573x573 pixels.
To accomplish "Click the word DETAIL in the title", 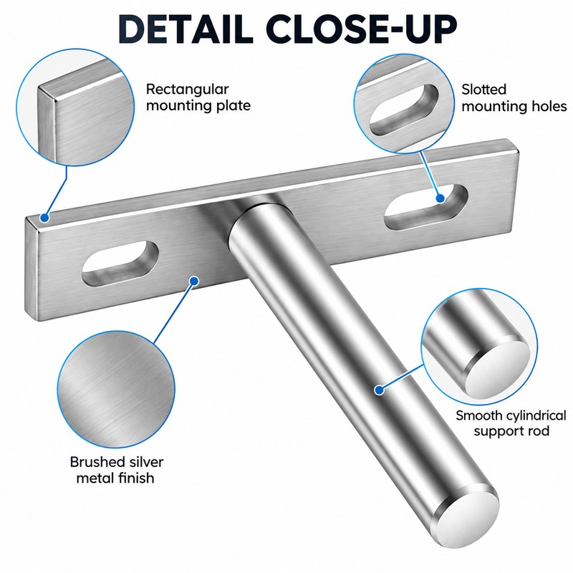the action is click(x=186, y=29).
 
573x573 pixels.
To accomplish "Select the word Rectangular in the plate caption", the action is click(x=188, y=90).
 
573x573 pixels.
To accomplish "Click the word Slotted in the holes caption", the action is click(x=483, y=90).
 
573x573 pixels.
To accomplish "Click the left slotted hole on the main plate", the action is click(x=120, y=263).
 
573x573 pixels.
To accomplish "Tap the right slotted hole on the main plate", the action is click(x=426, y=207).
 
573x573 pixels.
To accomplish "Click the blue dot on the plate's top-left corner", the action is click(x=44, y=218).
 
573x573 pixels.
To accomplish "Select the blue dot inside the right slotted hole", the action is click(x=440, y=198).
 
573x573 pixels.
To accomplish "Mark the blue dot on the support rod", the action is click(x=380, y=390).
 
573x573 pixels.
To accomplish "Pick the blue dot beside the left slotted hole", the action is click(x=194, y=281).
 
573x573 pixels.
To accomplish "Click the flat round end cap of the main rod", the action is click(x=468, y=516).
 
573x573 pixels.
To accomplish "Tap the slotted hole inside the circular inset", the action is click(x=404, y=110).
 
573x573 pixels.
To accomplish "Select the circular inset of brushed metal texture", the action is click(x=116, y=390).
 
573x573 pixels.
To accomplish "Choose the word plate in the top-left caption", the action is click(x=233, y=106).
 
